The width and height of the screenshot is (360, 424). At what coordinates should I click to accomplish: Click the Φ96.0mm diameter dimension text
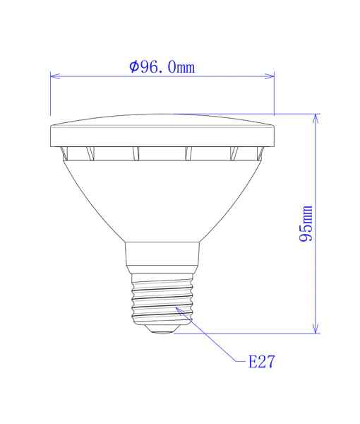point(162,67)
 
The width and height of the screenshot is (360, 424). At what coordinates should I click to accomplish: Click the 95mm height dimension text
point(306,223)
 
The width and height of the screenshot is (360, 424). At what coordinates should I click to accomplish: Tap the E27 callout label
point(261,361)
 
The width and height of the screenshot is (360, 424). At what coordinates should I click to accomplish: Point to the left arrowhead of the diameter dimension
point(55,76)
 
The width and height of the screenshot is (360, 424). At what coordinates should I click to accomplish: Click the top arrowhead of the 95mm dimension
point(316,119)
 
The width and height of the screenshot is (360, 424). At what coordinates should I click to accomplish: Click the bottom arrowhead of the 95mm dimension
point(316,328)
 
